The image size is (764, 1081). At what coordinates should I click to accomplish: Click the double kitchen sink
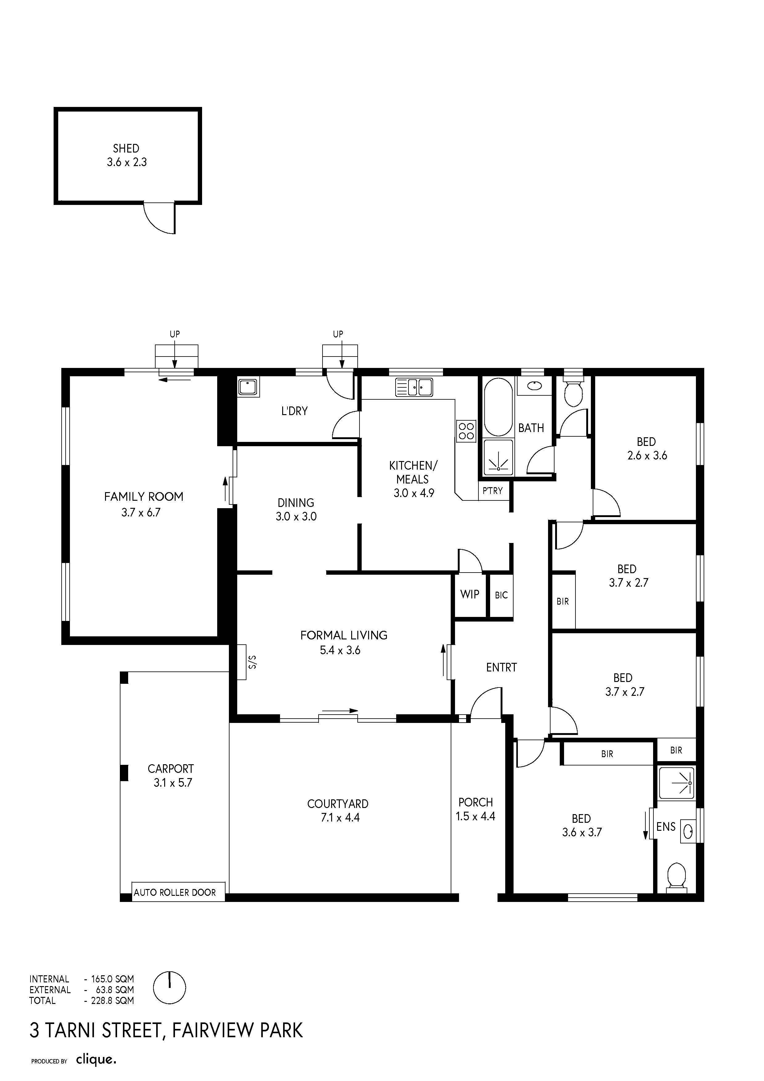414,387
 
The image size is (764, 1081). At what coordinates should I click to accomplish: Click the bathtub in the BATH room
498,408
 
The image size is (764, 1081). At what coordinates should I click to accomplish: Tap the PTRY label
492,491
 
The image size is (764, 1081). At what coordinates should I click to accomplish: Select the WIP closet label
470,594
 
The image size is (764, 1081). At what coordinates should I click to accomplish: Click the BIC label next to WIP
501,595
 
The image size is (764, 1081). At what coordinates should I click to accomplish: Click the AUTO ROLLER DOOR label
175,892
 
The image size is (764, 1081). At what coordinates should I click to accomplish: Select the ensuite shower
677,783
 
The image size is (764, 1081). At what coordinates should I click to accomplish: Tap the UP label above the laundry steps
338,334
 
